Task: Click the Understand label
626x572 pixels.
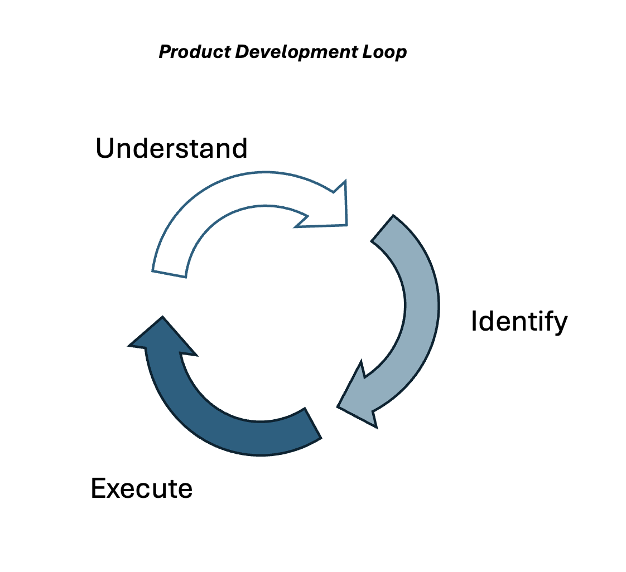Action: click(171, 149)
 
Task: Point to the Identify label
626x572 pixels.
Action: click(519, 322)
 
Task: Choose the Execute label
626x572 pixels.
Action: click(142, 488)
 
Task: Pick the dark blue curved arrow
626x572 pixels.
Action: click(223, 424)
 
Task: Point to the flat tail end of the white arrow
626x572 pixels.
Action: click(169, 274)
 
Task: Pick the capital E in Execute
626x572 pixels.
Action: click(99, 488)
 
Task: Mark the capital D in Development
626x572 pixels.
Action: click(242, 52)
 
